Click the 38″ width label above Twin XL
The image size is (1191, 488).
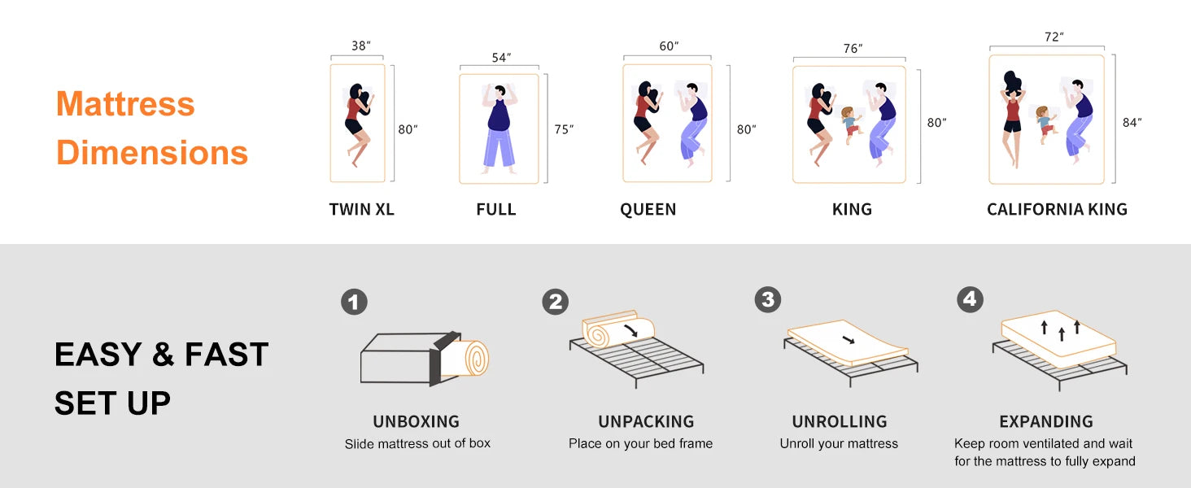click(361, 46)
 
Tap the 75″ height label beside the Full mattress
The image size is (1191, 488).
click(564, 129)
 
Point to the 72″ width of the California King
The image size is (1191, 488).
click(1054, 37)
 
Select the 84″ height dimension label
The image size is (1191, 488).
click(1132, 123)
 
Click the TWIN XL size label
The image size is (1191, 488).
click(361, 210)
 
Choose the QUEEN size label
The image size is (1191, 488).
click(648, 210)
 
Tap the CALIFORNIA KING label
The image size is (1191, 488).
click(1057, 210)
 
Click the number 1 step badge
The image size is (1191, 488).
click(354, 302)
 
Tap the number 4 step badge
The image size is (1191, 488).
click(970, 300)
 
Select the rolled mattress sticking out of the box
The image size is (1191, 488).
click(465, 358)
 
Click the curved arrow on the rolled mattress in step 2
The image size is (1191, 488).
click(631, 330)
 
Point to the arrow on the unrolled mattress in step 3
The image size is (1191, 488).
click(849, 340)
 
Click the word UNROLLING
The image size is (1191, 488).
click(840, 421)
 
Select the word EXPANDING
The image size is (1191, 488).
click(1046, 421)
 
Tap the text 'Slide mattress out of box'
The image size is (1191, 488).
click(417, 443)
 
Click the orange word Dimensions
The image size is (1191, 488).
click(152, 153)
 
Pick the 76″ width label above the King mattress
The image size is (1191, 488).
click(853, 48)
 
